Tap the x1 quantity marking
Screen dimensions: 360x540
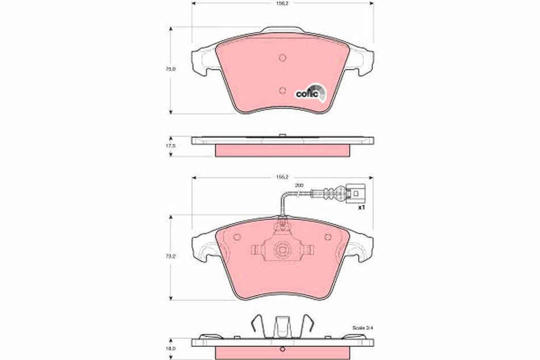click(x=360, y=208)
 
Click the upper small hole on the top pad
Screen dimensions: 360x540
click(x=283, y=57)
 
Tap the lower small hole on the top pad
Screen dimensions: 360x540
click(x=283, y=89)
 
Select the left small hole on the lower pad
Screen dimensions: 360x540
click(x=237, y=237)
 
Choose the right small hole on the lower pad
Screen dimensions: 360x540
click(x=327, y=237)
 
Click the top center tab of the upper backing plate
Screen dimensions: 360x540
click(x=282, y=28)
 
